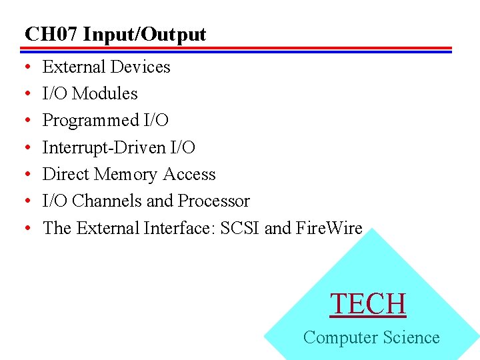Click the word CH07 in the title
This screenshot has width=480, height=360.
click(x=51, y=34)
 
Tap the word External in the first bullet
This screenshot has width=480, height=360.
click(x=74, y=67)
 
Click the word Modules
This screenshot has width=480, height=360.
click(x=105, y=94)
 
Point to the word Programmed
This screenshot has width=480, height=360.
click(x=91, y=121)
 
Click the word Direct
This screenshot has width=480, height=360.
click(x=66, y=174)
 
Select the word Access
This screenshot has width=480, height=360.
click(x=189, y=174)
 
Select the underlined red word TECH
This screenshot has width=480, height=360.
click(x=368, y=304)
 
